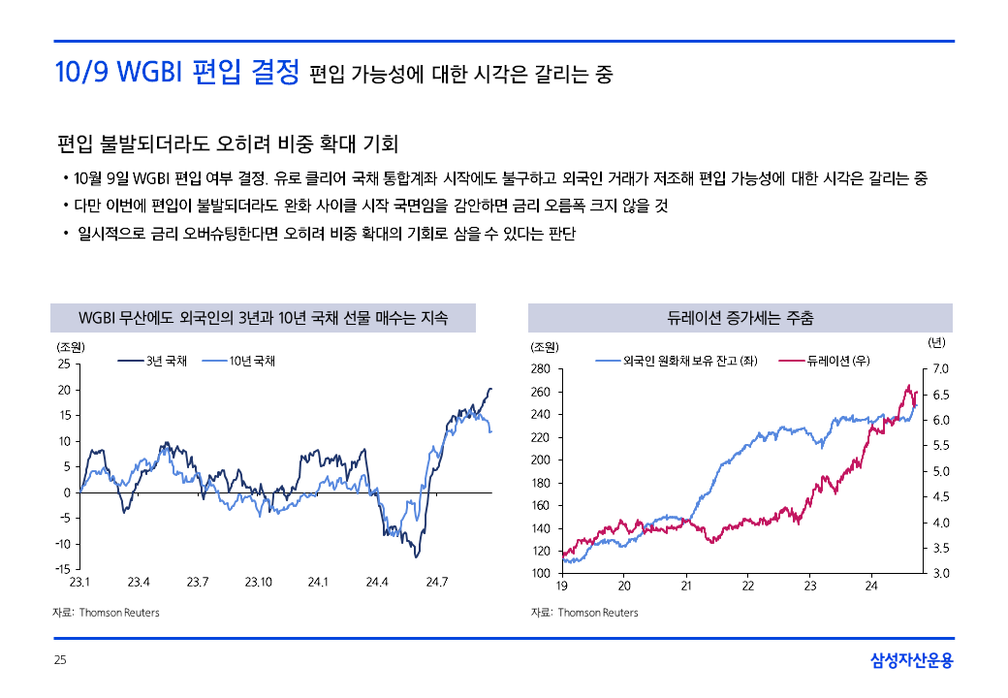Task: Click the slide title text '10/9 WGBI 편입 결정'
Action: tap(176, 74)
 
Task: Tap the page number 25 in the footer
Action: tap(59, 660)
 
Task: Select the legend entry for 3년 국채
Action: tap(153, 362)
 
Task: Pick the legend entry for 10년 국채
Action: tap(239, 362)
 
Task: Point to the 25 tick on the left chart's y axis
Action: tap(63, 365)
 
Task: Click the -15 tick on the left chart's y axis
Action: tap(61, 569)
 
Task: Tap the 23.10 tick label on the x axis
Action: tap(258, 583)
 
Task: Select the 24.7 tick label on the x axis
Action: tap(436, 583)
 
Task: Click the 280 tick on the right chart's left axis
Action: tap(541, 369)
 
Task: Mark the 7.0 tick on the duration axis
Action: tap(939, 369)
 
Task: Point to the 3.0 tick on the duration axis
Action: tap(939, 574)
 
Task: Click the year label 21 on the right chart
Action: tap(686, 587)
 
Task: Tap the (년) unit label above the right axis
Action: tap(936, 342)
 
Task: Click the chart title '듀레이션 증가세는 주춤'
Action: tap(740, 318)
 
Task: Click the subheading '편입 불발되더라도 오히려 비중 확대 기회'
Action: tap(228, 145)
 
